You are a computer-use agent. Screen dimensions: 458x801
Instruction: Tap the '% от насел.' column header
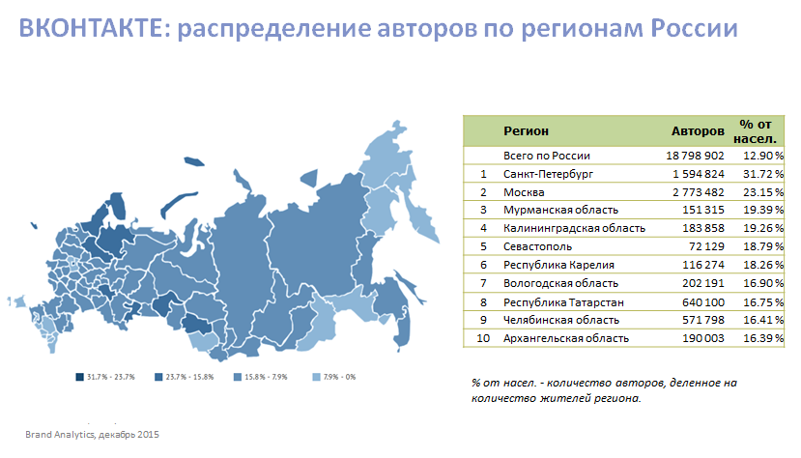pos(758,130)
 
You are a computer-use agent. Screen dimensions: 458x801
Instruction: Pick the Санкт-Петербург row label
pos(548,173)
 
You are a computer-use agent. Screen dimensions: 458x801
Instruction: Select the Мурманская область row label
pos(560,210)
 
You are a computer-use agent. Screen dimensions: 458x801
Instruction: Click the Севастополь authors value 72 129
pos(703,246)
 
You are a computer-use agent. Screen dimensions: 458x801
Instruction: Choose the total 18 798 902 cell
pos(694,155)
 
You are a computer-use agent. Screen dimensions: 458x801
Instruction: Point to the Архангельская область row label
pos(566,338)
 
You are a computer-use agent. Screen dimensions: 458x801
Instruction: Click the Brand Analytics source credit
pos(92,434)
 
